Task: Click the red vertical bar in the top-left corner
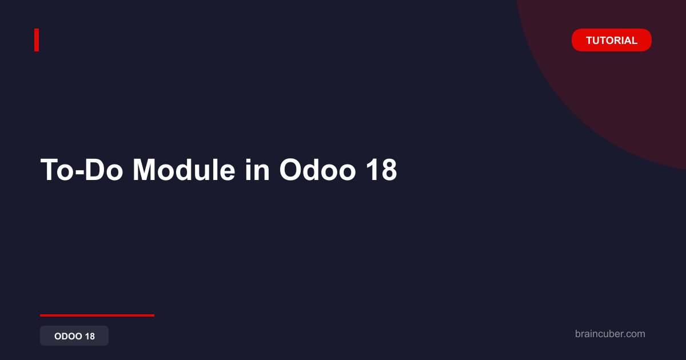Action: (x=37, y=40)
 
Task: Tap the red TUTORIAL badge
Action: (x=611, y=40)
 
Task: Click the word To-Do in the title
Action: (x=82, y=170)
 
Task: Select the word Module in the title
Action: (x=184, y=170)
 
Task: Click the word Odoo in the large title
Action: (x=317, y=170)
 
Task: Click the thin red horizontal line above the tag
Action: (x=97, y=315)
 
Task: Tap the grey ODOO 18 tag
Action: (x=74, y=336)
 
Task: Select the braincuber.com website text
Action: (x=610, y=334)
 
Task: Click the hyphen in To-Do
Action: (x=79, y=173)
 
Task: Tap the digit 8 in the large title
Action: (x=389, y=170)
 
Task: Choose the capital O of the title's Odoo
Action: (x=290, y=170)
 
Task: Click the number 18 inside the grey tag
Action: (x=90, y=336)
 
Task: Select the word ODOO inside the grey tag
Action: (x=68, y=336)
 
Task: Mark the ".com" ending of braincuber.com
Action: (x=634, y=334)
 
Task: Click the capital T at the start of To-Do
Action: (x=50, y=170)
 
